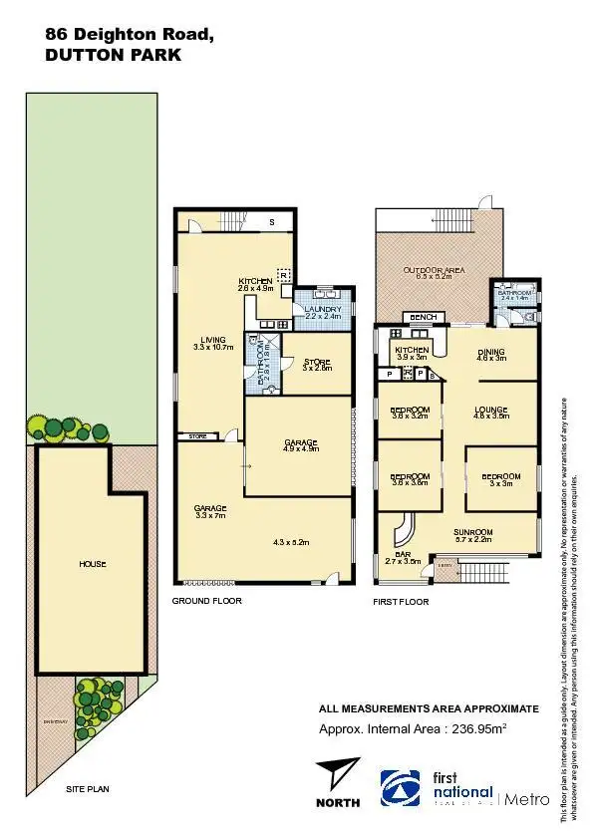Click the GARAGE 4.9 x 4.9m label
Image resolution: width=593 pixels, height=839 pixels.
click(300, 444)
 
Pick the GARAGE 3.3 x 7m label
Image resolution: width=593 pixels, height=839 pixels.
click(210, 512)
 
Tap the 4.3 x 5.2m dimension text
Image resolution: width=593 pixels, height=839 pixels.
click(291, 542)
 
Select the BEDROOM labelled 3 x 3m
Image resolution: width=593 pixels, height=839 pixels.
click(500, 480)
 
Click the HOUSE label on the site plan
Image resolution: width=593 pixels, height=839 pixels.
click(92, 564)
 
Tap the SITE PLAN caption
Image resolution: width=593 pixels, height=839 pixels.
click(89, 789)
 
